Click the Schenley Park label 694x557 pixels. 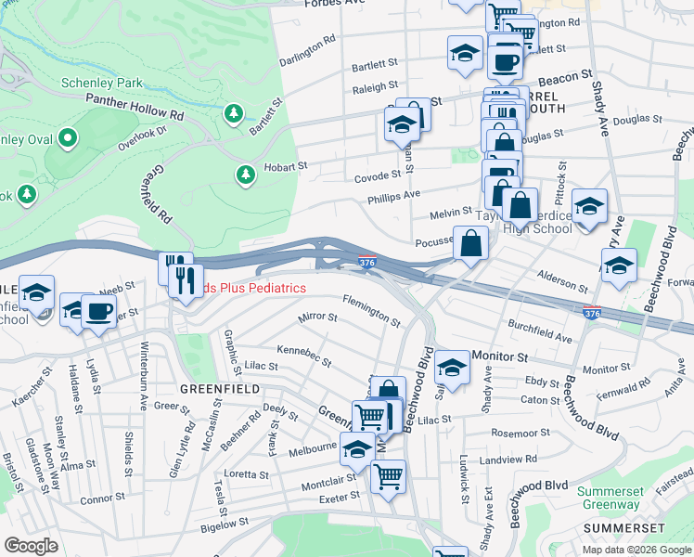point(102,83)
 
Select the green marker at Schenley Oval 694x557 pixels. point(67,139)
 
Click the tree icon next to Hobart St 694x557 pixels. point(245,174)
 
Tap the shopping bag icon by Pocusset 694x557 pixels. point(471,244)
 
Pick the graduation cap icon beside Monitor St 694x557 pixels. point(452,369)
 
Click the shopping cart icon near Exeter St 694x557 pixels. point(388,477)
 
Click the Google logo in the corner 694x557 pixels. point(31,545)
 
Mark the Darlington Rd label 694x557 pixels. point(307,52)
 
